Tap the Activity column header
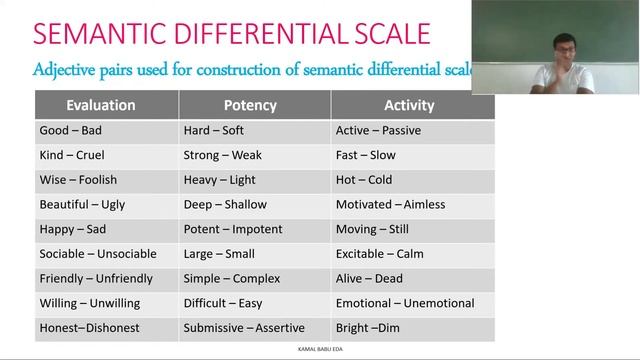(x=409, y=105)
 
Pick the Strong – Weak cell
(x=222, y=155)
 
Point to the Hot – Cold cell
(x=364, y=180)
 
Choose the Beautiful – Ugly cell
(x=82, y=205)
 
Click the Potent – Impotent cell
(x=232, y=229)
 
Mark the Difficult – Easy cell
(x=222, y=303)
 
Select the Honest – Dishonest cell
(x=89, y=328)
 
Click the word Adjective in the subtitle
(x=68, y=71)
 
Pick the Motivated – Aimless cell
(x=390, y=205)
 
